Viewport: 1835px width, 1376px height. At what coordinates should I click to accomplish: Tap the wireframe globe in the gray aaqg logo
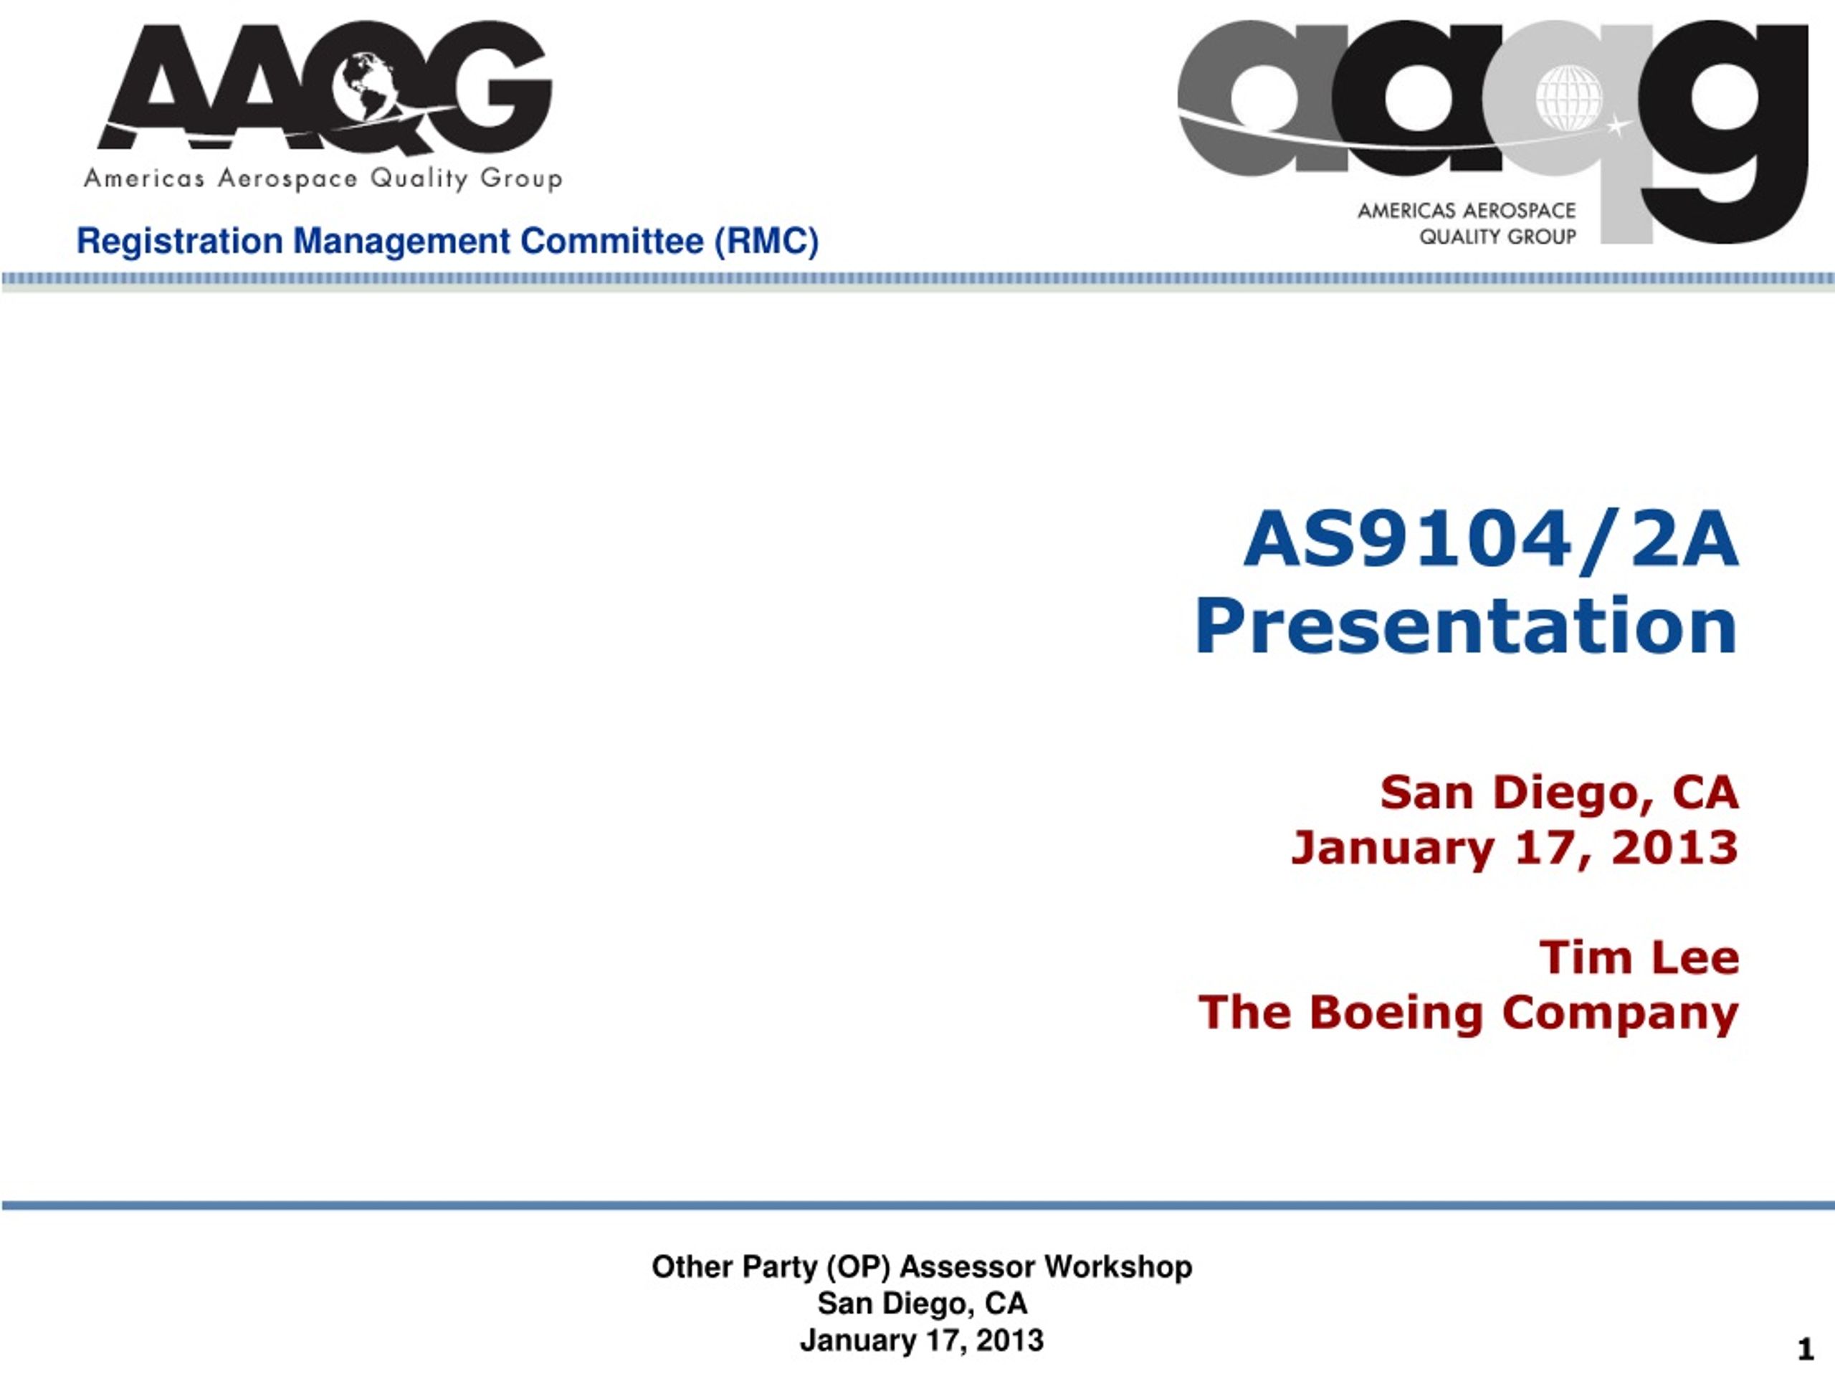point(1568,99)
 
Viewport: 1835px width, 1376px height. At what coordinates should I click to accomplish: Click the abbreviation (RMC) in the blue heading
point(768,242)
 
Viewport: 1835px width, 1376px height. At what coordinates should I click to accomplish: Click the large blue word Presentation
point(1466,626)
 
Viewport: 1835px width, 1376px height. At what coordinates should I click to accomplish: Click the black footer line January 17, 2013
point(922,1340)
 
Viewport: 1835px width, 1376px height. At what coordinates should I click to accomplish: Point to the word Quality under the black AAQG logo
point(419,179)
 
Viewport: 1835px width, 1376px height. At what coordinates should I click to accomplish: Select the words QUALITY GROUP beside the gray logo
point(1497,236)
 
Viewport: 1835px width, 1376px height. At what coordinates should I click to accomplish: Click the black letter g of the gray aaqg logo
point(1725,133)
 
